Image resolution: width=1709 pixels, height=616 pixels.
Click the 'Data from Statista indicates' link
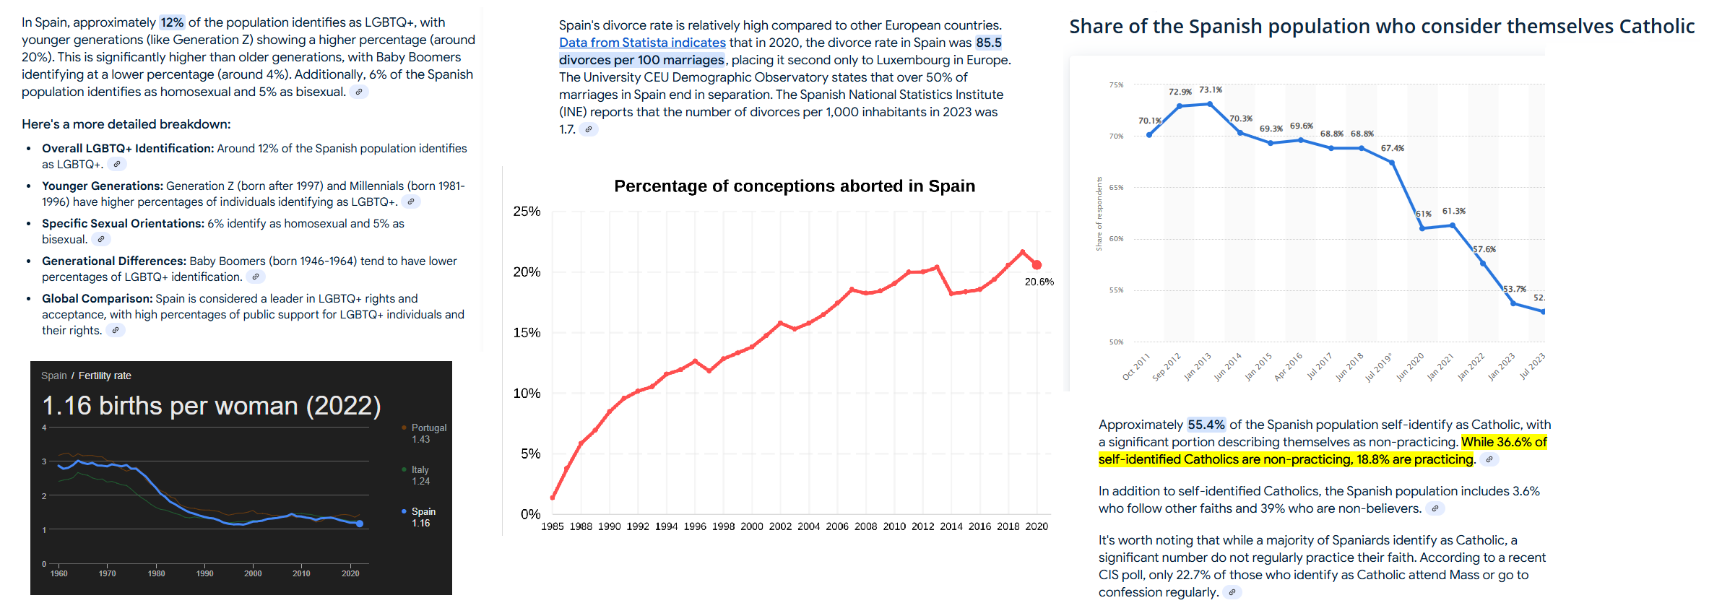[x=642, y=43]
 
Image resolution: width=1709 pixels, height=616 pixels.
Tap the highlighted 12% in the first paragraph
[x=172, y=22]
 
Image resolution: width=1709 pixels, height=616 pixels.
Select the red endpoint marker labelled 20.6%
[x=1037, y=265]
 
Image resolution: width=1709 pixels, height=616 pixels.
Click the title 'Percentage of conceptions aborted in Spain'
[x=794, y=186]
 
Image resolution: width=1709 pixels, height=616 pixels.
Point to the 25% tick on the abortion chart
[x=527, y=212]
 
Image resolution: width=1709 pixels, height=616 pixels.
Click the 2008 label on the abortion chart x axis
[x=865, y=526]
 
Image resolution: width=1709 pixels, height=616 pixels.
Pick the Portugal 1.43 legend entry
[x=428, y=433]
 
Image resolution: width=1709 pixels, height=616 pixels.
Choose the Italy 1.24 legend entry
[x=420, y=475]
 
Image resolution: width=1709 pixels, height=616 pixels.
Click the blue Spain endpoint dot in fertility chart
[x=360, y=524]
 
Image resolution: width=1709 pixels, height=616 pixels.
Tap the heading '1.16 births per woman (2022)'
[x=211, y=406]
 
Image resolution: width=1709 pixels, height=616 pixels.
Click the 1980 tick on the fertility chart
[x=156, y=573]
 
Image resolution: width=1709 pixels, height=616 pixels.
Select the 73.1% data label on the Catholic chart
[x=1211, y=90]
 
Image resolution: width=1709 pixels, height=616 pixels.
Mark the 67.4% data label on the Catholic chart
[x=1393, y=149]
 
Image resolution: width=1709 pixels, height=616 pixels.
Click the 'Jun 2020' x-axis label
[x=1410, y=367]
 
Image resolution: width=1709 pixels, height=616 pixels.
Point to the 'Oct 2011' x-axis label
[x=1135, y=367]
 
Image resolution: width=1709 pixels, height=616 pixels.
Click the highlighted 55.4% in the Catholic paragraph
[x=1206, y=425]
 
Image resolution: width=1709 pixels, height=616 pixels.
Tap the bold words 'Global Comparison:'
[x=97, y=299]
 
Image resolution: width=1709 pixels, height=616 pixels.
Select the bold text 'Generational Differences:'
[x=114, y=261]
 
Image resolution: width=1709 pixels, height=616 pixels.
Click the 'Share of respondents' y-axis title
[x=1099, y=214]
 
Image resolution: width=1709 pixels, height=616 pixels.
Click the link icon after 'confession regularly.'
[x=1232, y=592]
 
